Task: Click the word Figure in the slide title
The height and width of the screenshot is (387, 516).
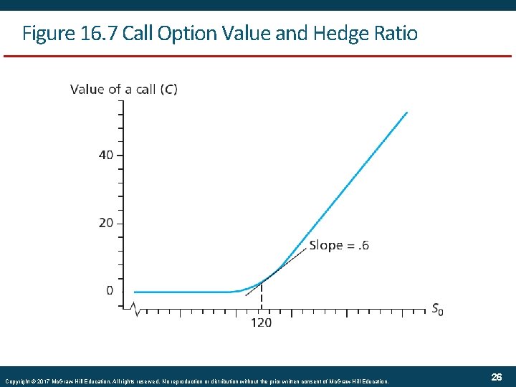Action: [x=44, y=33]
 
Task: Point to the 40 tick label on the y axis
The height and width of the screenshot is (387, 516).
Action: [x=105, y=155]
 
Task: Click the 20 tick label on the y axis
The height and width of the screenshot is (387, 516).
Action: [x=105, y=223]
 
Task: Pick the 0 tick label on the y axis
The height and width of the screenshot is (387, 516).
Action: [x=109, y=290]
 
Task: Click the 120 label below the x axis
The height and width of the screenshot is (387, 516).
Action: [x=261, y=323]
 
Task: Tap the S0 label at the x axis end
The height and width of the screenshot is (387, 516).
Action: [x=437, y=310]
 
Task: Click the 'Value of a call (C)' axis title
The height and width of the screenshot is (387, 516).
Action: [x=124, y=90]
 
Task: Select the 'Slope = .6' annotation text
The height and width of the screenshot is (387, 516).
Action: [x=339, y=245]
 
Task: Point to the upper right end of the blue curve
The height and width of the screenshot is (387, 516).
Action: [x=406, y=113]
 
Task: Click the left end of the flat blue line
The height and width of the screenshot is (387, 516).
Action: [x=135, y=292]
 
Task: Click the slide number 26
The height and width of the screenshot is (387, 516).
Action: [x=497, y=377]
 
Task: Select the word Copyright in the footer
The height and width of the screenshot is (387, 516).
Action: [x=21, y=381]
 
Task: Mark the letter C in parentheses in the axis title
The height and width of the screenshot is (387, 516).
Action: [x=170, y=90]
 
